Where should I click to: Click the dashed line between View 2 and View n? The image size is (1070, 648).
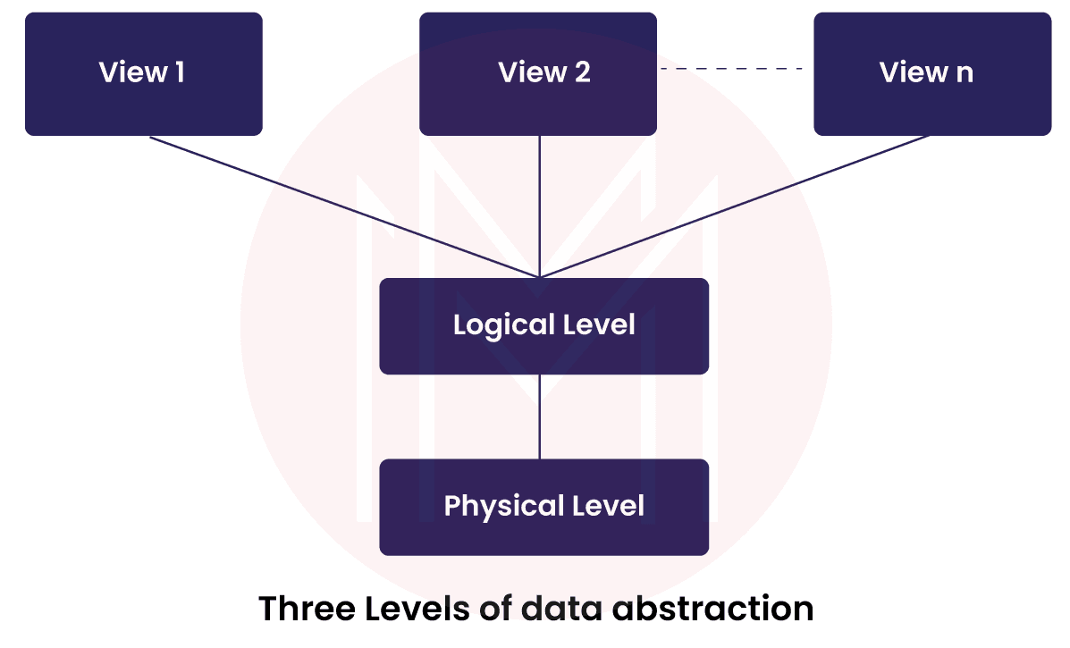tap(733, 69)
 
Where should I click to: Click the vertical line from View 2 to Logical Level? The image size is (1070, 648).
tap(539, 206)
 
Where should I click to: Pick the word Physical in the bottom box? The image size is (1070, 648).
tap(497, 506)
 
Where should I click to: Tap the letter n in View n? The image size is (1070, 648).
tap(964, 73)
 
